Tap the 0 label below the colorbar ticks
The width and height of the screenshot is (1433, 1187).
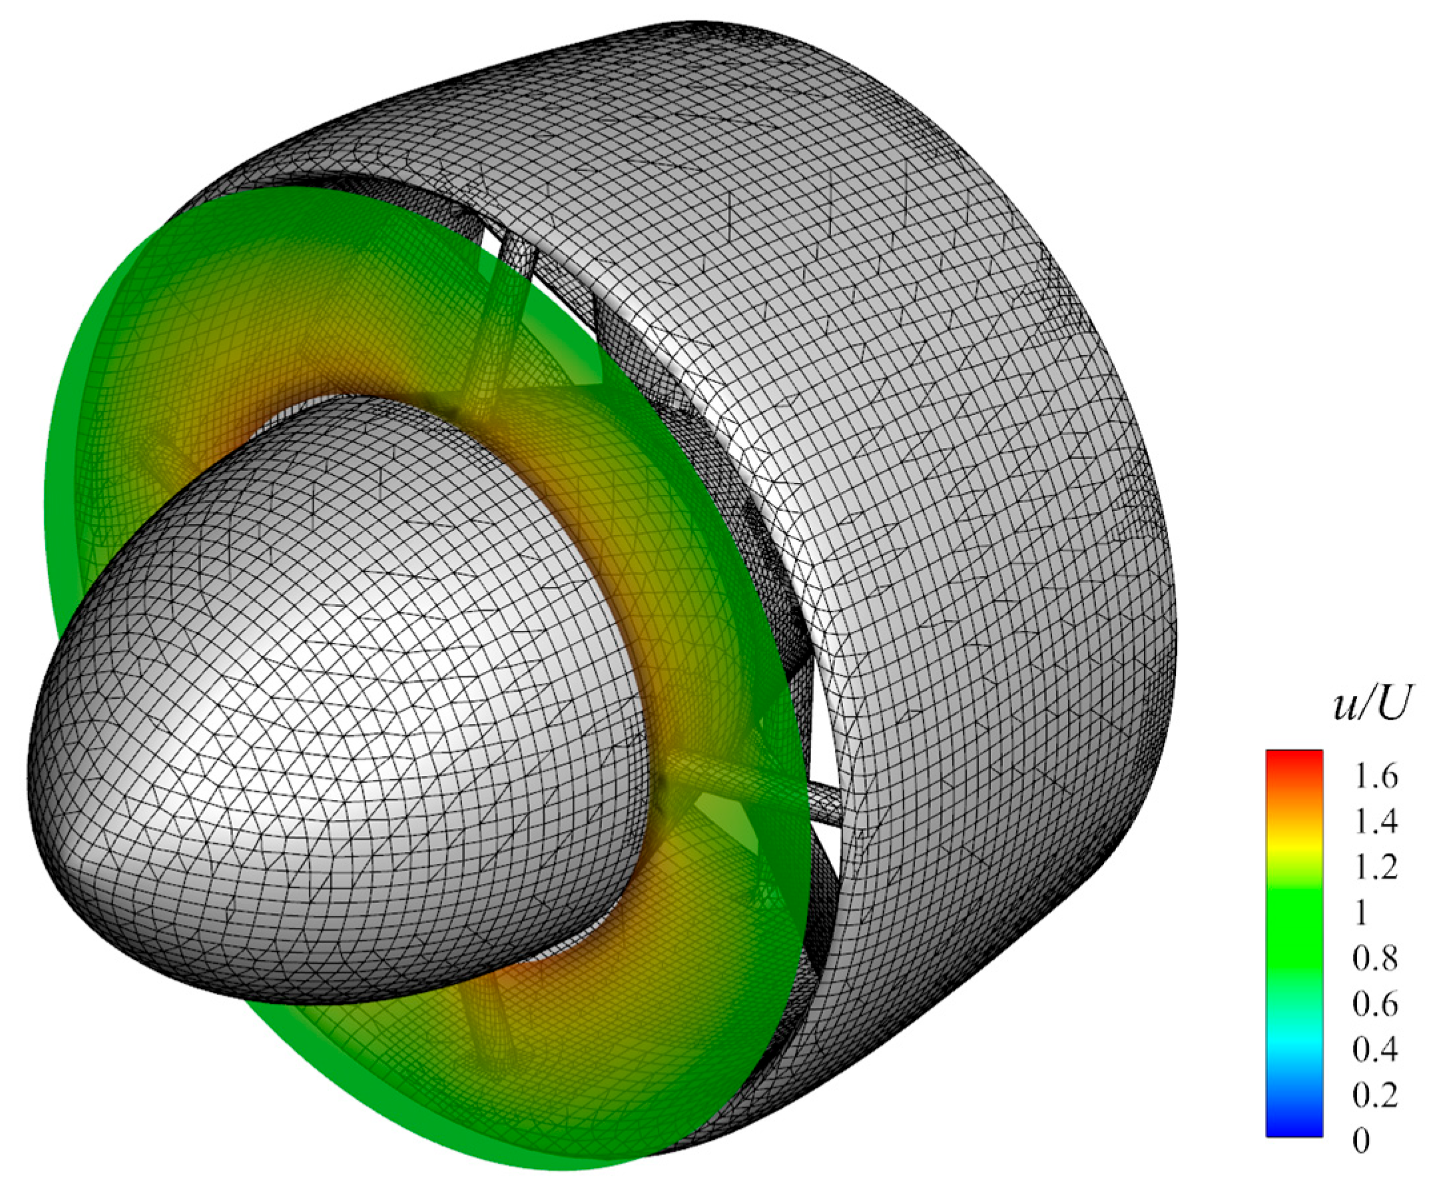click(1361, 1141)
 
